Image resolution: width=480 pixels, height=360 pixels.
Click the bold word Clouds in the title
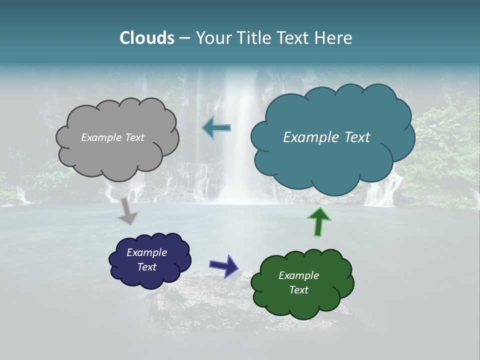[x=147, y=38]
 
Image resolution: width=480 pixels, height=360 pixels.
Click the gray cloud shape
[x=117, y=155]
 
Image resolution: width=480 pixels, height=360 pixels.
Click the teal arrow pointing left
[x=216, y=128]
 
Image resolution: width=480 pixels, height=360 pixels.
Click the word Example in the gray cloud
[x=100, y=137]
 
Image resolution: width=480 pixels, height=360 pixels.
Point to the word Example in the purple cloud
[x=146, y=252]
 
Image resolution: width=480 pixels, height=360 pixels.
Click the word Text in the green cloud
[x=298, y=290]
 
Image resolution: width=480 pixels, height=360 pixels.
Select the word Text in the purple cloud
[x=146, y=267]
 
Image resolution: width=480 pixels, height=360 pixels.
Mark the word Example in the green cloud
[x=298, y=275]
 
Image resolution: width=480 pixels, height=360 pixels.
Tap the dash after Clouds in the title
[x=184, y=38]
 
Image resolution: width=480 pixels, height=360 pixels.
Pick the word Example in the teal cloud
[x=308, y=137]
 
